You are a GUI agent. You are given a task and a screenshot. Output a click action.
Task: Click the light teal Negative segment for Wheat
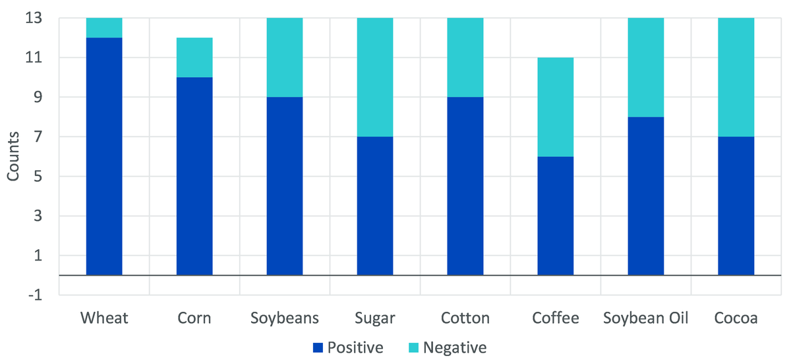tap(104, 28)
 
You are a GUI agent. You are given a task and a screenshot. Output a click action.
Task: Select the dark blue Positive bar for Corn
tap(194, 176)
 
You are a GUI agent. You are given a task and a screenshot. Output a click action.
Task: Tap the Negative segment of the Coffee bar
tap(556, 107)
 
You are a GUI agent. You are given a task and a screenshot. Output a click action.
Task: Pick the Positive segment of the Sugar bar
tap(375, 206)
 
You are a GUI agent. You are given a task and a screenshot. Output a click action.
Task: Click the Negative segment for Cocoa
tap(736, 77)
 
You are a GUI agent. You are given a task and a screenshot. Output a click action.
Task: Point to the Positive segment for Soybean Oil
tap(646, 196)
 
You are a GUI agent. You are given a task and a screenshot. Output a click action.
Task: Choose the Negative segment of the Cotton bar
tap(465, 57)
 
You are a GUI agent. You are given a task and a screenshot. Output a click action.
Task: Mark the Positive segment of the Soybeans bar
tap(285, 186)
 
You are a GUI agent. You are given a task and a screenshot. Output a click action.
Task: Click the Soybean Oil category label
tap(645, 318)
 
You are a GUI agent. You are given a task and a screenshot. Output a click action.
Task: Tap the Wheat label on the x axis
tap(104, 318)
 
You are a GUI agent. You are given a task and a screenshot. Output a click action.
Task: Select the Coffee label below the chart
tap(556, 318)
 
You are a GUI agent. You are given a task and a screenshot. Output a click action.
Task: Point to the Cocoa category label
tap(736, 318)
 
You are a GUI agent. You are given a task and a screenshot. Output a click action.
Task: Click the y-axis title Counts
tap(13, 156)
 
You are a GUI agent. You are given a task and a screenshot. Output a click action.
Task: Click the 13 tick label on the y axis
tap(34, 18)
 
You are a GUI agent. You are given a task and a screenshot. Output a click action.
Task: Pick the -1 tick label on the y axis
tap(35, 295)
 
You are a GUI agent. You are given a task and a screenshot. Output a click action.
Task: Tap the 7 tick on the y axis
tap(38, 136)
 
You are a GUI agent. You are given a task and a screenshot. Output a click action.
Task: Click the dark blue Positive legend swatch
tap(318, 347)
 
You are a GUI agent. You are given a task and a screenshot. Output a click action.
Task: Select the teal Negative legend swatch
tap(413, 347)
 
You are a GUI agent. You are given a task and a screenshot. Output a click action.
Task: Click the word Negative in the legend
tap(455, 347)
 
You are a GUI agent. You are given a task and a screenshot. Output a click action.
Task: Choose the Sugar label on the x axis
tap(375, 318)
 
